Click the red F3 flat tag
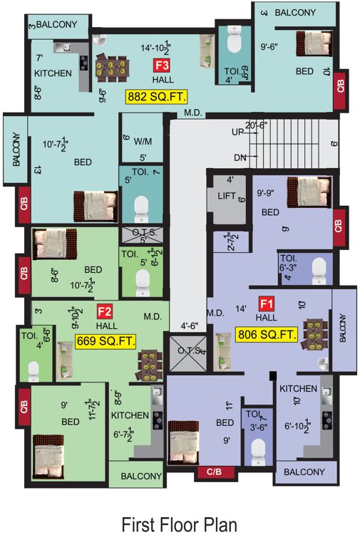[x=161, y=65]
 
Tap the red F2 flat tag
[x=105, y=311]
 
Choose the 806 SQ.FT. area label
[x=266, y=333]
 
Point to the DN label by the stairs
[x=240, y=157]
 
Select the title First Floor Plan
[x=179, y=525]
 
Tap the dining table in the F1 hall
[x=313, y=335]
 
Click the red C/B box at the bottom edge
[x=215, y=472]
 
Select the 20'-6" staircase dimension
[x=256, y=124]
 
